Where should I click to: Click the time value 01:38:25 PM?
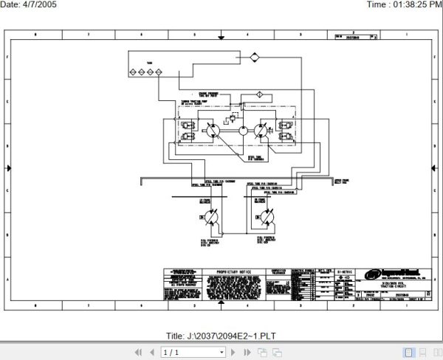[x=413, y=5]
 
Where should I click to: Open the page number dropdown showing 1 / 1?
[x=181, y=353]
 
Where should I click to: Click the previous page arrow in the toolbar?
[x=152, y=353]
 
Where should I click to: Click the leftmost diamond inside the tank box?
[x=131, y=72]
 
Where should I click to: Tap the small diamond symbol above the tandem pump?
[x=259, y=94]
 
